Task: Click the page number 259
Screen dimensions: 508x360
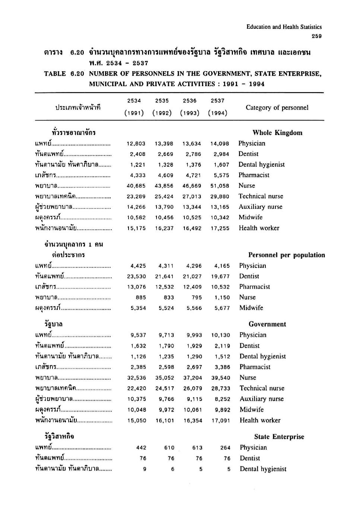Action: [x=316, y=36]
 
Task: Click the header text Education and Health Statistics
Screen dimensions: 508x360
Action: [x=284, y=27]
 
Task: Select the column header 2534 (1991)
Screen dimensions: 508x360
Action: [x=134, y=107]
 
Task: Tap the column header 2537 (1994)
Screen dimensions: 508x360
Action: [x=218, y=107]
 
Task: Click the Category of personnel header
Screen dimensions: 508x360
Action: [x=277, y=108]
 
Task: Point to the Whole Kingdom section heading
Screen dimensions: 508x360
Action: [x=277, y=133]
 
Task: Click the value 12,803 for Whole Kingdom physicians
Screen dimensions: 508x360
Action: [x=136, y=144]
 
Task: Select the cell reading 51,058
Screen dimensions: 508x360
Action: [x=220, y=186]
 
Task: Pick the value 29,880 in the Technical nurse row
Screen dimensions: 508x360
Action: [x=220, y=197]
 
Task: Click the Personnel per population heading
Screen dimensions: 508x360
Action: [x=287, y=255]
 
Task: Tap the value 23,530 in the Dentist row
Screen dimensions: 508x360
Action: [x=136, y=276]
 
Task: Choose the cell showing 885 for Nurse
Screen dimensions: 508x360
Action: [x=141, y=298]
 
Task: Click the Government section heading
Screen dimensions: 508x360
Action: [x=267, y=324]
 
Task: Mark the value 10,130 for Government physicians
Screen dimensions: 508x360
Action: [x=221, y=335]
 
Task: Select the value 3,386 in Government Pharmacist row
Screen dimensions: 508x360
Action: [x=222, y=367]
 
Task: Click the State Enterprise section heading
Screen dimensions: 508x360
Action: [x=279, y=437]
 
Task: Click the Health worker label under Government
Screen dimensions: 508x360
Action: [x=260, y=420]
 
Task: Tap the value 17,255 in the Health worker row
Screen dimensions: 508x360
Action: [x=220, y=228]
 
